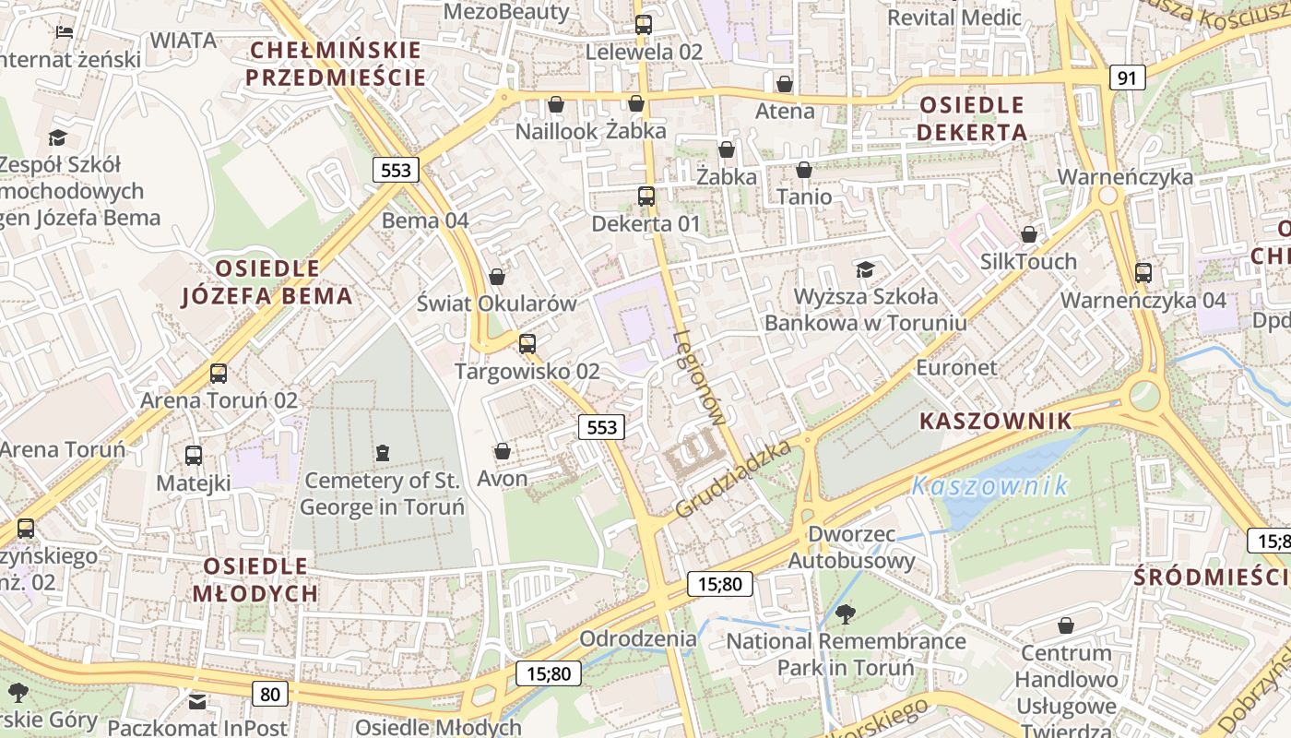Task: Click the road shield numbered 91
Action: pyautogui.click(x=1127, y=77)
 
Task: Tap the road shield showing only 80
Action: pyautogui.click(x=269, y=693)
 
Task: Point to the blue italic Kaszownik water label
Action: pyautogui.click(x=989, y=485)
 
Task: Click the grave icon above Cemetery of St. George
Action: pyautogui.click(x=382, y=452)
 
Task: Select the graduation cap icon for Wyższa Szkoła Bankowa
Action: pyautogui.click(x=865, y=269)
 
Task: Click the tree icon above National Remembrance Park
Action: pyautogui.click(x=845, y=613)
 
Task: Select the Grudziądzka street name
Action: pyautogui.click(x=733, y=479)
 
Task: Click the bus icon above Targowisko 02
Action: pyautogui.click(x=527, y=344)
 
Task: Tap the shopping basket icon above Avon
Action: pyautogui.click(x=503, y=451)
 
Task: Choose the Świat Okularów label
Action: pyautogui.click(x=496, y=304)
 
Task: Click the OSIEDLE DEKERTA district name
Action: pyautogui.click(x=972, y=118)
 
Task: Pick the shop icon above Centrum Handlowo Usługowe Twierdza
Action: pyautogui.click(x=1066, y=625)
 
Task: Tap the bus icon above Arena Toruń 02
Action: pyautogui.click(x=219, y=374)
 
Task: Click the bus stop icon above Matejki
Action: pyautogui.click(x=194, y=455)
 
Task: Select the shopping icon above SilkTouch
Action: pyautogui.click(x=1028, y=234)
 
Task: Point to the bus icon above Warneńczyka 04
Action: pyautogui.click(x=1143, y=272)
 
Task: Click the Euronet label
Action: pyautogui.click(x=956, y=367)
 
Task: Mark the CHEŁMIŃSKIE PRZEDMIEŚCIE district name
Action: pyautogui.click(x=336, y=63)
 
